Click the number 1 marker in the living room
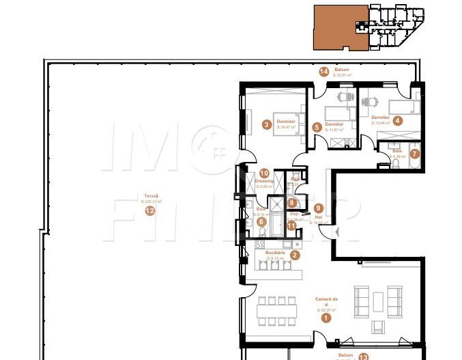click(x=326, y=317)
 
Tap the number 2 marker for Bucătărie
click(x=294, y=255)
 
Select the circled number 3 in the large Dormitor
click(x=265, y=124)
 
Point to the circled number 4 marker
click(x=398, y=120)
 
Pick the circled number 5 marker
click(x=317, y=127)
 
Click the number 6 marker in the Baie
click(x=261, y=222)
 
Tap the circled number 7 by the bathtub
click(x=414, y=154)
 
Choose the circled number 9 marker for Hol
click(x=317, y=208)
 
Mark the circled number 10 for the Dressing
click(x=263, y=174)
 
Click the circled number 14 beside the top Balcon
click(x=323, y=71)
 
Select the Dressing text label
click(x=265, y=181)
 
